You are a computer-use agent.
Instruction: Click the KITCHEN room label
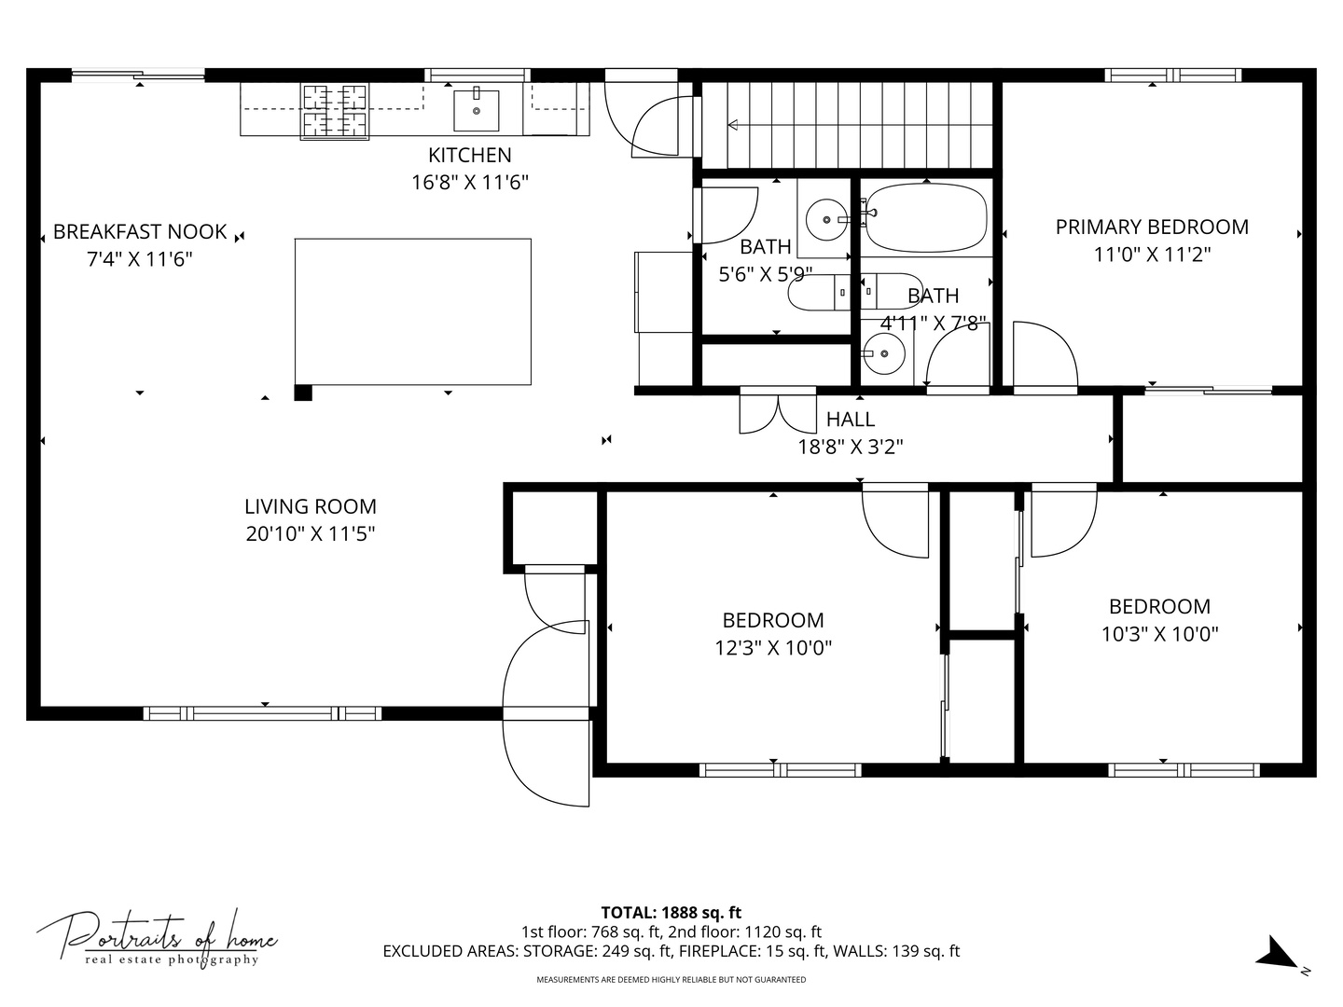tap(469, 155)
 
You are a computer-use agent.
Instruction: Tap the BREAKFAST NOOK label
tap(140, 231)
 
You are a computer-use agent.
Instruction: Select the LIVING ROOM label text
tap(310, 506)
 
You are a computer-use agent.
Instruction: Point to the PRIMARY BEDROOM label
tap(1151, 227)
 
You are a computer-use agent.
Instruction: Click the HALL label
tap(850, 420)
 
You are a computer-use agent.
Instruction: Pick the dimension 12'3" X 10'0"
tap(773, 647)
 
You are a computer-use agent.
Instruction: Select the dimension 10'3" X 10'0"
tap(1159, 634)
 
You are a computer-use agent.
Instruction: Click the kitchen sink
tap(476, 110)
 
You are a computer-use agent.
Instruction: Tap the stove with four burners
tap(334, 111)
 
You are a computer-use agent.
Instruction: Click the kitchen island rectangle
tap(413, 311)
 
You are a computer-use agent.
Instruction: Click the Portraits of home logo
tap(157, 937)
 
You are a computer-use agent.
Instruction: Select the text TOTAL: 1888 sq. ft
tap(671, 912)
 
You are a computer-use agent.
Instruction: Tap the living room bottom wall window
tap(263, 713)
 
